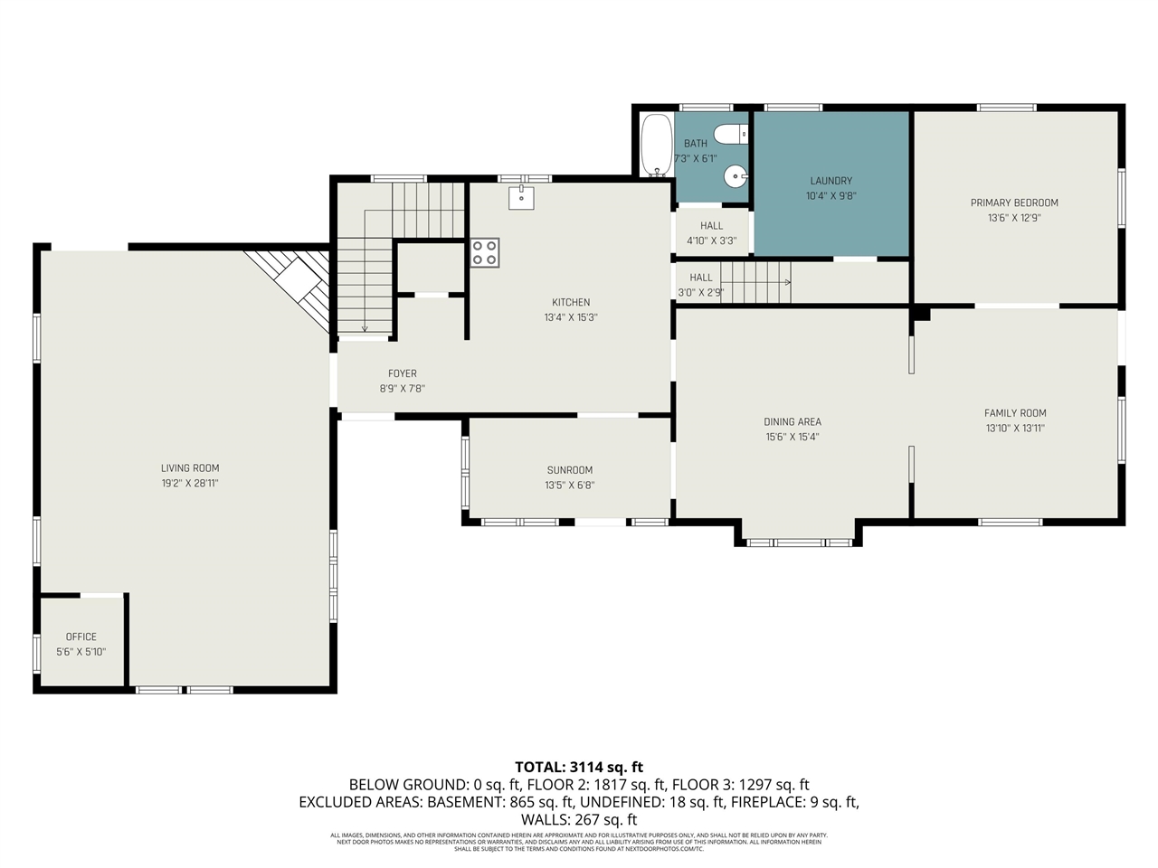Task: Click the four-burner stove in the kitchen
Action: [x=484, y=252]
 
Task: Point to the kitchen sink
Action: [x=520, y=196]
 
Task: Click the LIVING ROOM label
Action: [x=190, y=468]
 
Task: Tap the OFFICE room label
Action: [x=81, y=637]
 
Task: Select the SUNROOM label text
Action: [x=570, y=470]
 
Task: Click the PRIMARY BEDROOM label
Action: [x=1014, y=203]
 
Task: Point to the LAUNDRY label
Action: [x=831, y=181]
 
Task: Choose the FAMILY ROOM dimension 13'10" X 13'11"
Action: [x=1014, y=429]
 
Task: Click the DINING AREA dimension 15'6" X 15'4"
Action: [x=793, y=437]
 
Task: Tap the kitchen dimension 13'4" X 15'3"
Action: [x=571, y=317]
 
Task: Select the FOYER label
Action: [x=403, y=373]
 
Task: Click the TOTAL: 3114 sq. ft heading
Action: [x=579, y=767]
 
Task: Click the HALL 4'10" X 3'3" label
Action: [x=712, y=226]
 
